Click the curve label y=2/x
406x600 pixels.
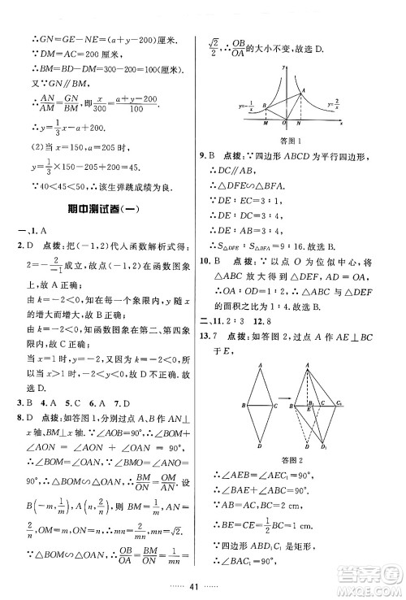[333, 106]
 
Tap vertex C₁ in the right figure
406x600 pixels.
[340, 403]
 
